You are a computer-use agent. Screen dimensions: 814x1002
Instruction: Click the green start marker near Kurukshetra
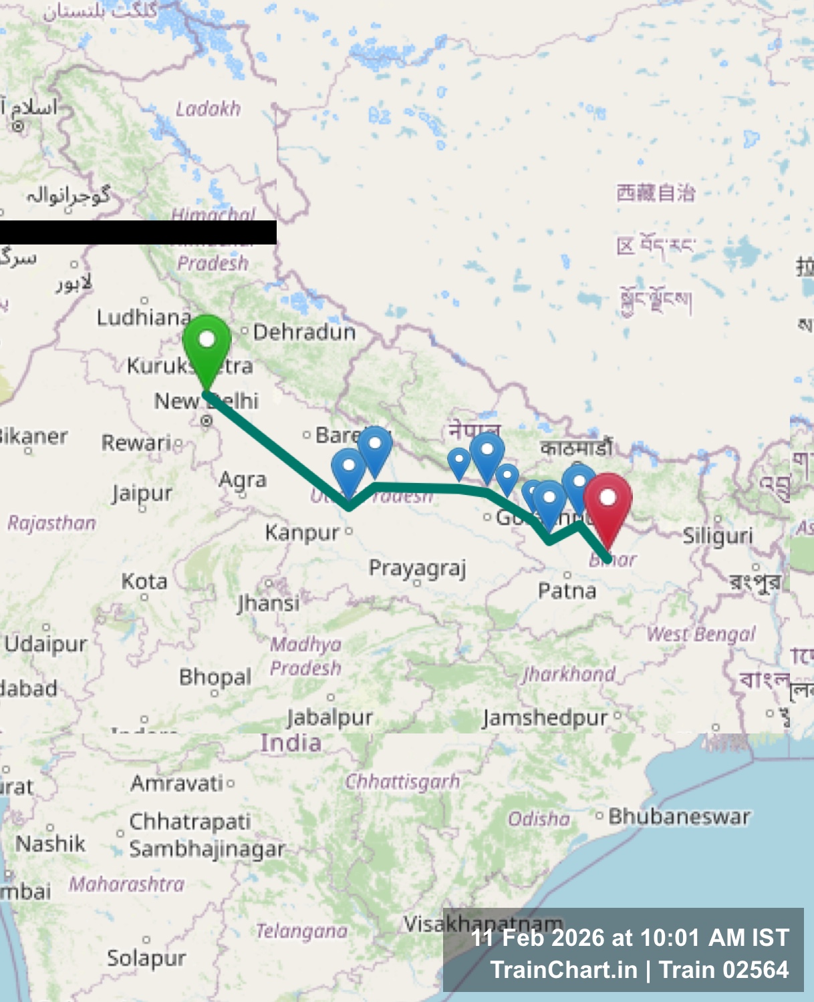[x=207, y=347]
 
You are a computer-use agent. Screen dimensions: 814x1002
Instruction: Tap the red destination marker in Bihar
[x=607, y=505]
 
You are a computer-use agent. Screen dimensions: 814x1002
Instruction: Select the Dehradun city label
[x=304, y=332]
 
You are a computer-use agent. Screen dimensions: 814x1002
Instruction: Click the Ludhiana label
[x=144, y=317]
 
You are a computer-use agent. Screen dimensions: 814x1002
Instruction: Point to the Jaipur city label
[x=142, y=494]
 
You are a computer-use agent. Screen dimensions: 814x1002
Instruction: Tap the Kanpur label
[x=303, y=533]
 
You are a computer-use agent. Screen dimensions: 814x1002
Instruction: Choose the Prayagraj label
[x=417, y=568]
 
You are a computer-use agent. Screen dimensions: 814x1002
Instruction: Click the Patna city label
[x=567, y=591]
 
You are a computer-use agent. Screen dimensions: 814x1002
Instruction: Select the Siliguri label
[x=718, y=536]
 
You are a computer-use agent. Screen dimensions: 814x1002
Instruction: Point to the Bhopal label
[x=215, y=677]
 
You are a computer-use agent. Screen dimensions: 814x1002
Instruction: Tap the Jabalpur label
[x=330, y=717]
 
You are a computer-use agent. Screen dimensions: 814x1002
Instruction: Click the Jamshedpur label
[x=545, y=718]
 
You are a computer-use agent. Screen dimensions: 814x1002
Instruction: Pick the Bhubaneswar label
[x=679, y=816]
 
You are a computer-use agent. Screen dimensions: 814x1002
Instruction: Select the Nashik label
[x=51, y=844]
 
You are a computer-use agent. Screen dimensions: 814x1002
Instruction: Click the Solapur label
[x=146, y=958]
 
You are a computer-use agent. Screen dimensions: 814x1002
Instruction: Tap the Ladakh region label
[x=208, y=109]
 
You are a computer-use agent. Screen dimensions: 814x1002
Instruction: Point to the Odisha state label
[x=539, y=819]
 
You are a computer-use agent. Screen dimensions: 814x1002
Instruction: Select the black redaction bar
[x=138, y=232]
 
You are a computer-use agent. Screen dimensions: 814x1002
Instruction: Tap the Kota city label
[x=144, y=582]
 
